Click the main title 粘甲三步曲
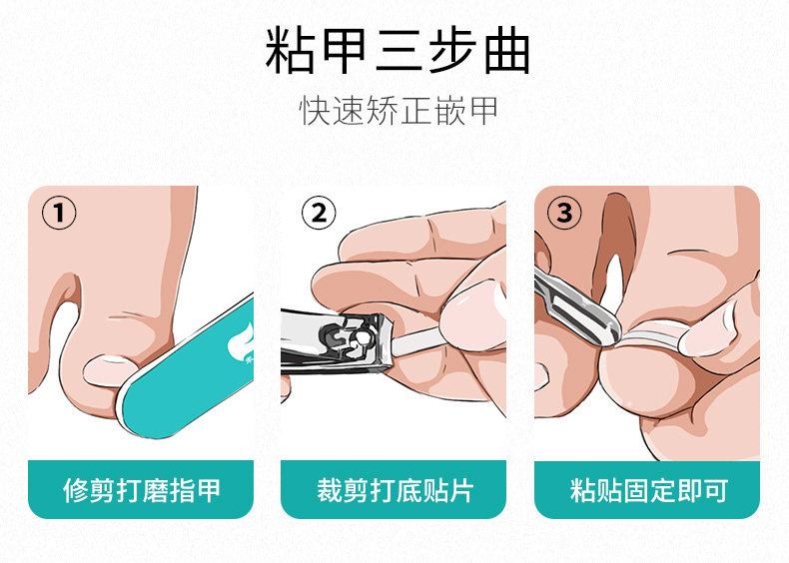tap(397, 51)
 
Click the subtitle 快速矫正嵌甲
tap(398, 111)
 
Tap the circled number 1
tap(59, 213)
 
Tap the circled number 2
tap(319, 213)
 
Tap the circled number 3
tap(564, 213)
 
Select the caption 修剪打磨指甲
tap(142, 490)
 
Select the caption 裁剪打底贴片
tap(394, 490)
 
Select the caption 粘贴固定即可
tap(648, 490)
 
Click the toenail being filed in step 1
tap(108, 371)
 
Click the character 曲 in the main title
tap(507, 51)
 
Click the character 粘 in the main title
tap(288, 51)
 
